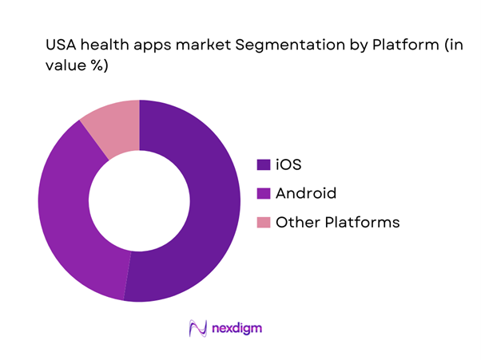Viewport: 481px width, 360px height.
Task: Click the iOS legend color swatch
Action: pos(262,165)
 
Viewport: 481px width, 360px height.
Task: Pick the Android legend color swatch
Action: pos(262,194)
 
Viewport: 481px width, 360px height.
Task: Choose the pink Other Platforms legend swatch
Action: pos(262,223)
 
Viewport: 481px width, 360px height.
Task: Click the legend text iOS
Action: pos(288,165)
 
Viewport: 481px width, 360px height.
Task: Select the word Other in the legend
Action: pos(295,223)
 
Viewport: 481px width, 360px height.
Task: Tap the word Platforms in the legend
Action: pos(360,223)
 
